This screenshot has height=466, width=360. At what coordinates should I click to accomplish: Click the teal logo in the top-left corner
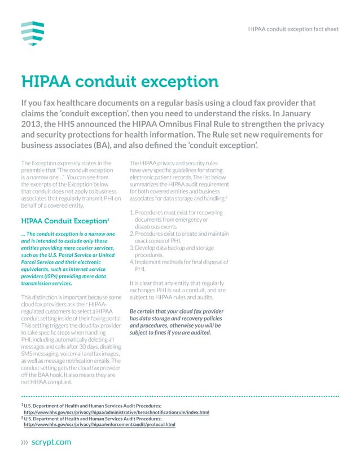point(32,33)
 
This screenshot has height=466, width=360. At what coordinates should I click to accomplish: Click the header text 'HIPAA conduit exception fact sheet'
point(293,29)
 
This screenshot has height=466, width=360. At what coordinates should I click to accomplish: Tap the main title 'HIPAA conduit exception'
point(120,82)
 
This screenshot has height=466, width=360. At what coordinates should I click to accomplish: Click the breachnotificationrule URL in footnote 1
point(116,412)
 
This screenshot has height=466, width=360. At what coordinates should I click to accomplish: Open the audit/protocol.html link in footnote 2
point(99,424)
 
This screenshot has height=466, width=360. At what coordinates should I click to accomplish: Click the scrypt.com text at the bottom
point(52,442)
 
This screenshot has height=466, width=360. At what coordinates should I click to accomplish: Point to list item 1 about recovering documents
point(177,219)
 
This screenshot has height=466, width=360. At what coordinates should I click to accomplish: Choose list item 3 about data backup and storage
point(174,251)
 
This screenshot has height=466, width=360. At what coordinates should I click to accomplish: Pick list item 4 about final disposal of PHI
point(178,265)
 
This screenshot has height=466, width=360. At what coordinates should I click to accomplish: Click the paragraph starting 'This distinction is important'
point(71,340)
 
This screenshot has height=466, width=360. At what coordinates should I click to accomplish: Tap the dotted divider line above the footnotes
point(180,397)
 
